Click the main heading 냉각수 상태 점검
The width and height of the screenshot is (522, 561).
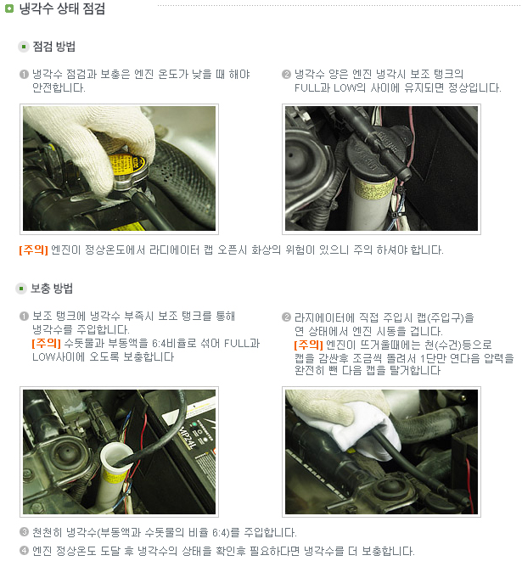[x=62, y=8]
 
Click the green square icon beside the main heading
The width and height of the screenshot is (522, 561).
[x=9, y=8]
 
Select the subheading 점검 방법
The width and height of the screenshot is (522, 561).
[x=54, y=47]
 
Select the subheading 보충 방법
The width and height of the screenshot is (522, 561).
[x=52, y=289]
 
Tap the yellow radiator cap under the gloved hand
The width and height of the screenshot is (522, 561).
[x=126, y=164]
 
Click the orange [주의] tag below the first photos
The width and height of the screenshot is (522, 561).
[x=33, y=250]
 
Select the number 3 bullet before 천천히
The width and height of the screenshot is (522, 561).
[x=24, y=532]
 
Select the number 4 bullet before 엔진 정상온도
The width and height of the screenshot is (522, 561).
[x=24, y=551]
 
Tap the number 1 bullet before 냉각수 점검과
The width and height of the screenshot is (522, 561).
[x=24, y=75]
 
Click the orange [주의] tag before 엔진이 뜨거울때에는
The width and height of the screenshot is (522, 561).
[x=308, y=345]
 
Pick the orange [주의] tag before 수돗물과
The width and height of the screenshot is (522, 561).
[x=46, y=344]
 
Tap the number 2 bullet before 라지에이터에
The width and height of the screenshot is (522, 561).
[x=286, y=317]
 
